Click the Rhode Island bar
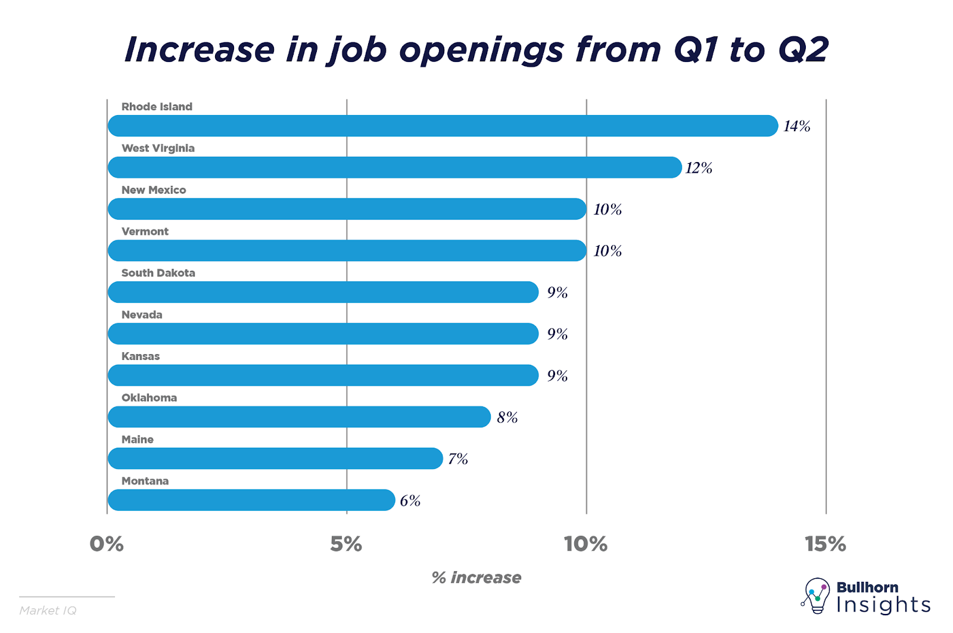(x=443, y=126)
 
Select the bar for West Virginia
(x=394, y=167)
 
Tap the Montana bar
(x=251, y=500)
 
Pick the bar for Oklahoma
(x=299, y=417)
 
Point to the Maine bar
(x=275, y=458)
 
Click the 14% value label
(x=796, y=126)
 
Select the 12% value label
(x=699, y=168)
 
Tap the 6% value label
(x=410, y=501)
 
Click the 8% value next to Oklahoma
(x=507, y=417)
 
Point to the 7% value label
(x=457, y=459)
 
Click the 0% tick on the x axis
(x=107, y=544)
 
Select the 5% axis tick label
(x=346, y=544)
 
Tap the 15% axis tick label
(x=825, y=544)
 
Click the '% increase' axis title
(x=476, y=578)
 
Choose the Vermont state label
(x=145, y=231)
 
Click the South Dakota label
(x=158, y=273)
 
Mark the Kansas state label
(x=141, y=356)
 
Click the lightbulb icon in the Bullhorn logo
(x=816, y=595)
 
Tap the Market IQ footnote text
(x=48, y=610)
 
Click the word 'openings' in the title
(x=481, y=50)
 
